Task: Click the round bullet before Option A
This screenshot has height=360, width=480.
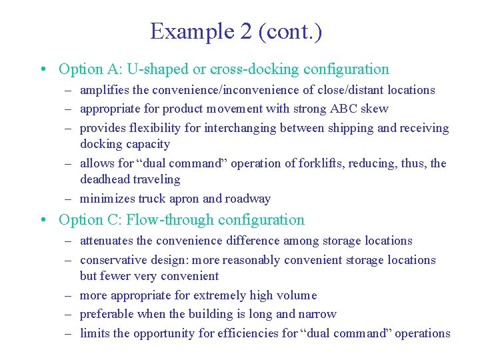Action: point(42,69)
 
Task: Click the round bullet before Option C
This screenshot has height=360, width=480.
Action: point(42,220)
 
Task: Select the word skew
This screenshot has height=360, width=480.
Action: point(375,109)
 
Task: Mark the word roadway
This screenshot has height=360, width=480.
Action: point(248,199)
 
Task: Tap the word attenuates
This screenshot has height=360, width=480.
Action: point(107,241)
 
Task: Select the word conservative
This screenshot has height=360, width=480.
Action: point(113,260)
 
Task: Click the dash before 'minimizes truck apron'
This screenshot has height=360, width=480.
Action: point(69,199)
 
